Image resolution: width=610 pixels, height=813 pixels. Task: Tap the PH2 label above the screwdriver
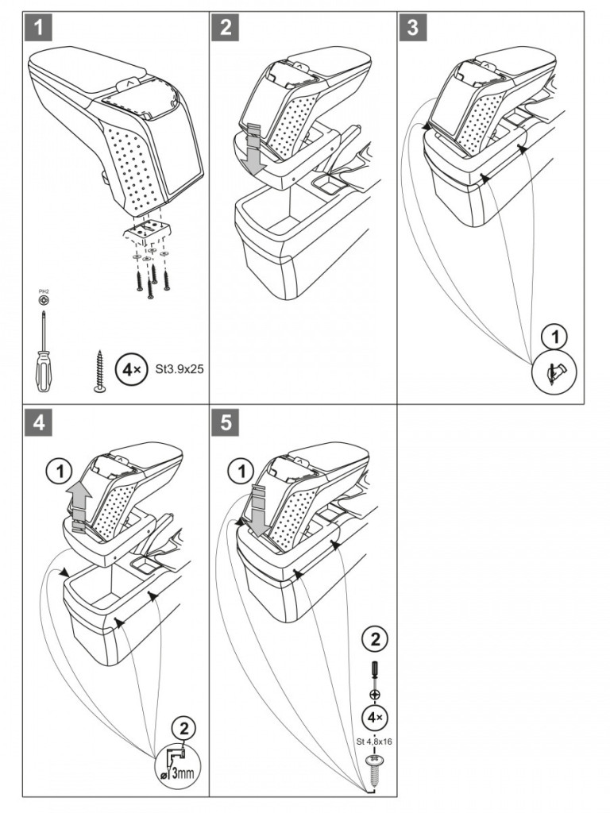tap(42, 295)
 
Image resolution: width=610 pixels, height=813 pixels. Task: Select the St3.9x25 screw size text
tap(172, 368)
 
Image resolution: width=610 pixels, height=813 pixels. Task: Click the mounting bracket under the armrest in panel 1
tap(146, 231)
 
